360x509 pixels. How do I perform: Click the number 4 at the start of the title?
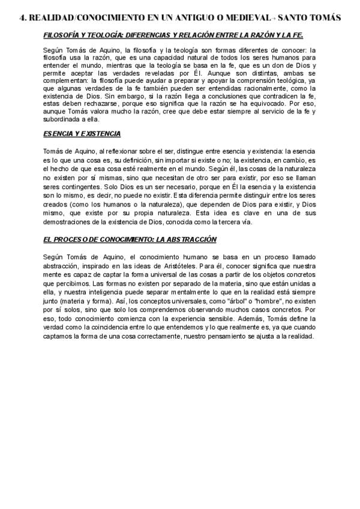[22, 18]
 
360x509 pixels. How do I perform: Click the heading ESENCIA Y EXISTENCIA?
[82, 133]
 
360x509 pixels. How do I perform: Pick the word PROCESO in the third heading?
[73, 239]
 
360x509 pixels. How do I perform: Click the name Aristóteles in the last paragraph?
[215, 265]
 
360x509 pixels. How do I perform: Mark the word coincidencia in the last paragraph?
[118, 329]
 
